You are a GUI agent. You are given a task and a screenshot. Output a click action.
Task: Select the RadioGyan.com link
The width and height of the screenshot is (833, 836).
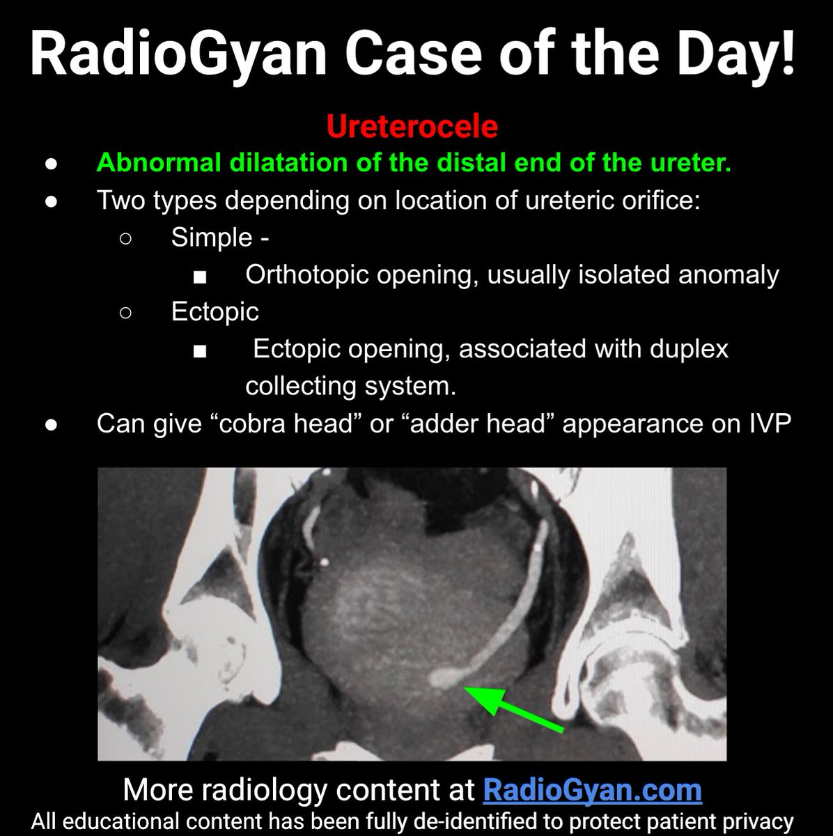coord(592,790)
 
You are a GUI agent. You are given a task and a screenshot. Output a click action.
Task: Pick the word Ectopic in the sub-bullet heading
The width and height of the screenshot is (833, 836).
coord(215,311)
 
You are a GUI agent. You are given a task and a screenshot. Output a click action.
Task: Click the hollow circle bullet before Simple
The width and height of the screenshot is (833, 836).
coord(126,239)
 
